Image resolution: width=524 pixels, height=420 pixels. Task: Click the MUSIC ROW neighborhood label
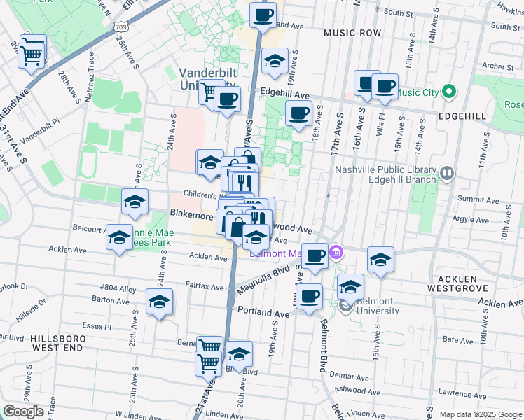(x=352, y=33)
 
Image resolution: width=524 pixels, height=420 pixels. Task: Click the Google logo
(x=24, y=412)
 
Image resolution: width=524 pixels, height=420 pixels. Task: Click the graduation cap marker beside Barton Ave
(x=160, y=302)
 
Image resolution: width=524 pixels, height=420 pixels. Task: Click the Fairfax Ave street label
(x=205, y=286)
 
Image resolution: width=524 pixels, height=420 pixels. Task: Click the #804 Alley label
(x=118, y=288)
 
